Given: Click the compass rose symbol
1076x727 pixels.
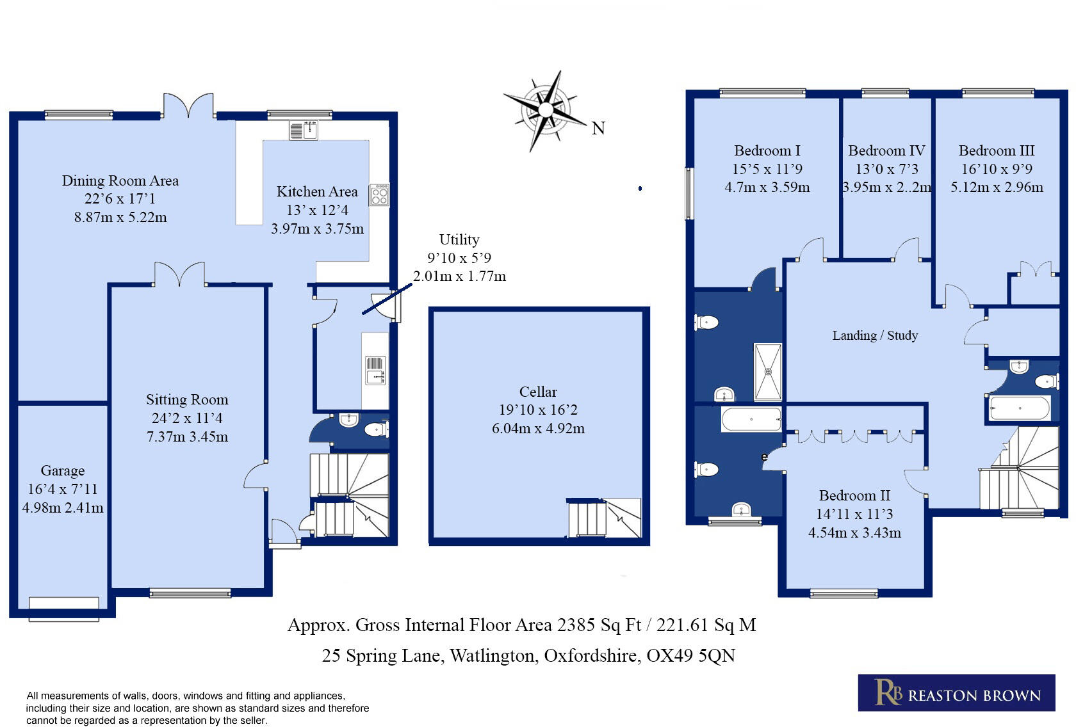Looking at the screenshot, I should pyautogui.click(x=545, y=110).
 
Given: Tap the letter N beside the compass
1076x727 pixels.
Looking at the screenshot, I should pyautogui.click(x=598, y=129).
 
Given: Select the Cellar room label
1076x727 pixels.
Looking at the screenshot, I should pyautogui.click(x=538, y=392).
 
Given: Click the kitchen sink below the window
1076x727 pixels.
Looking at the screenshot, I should pyautogui.click(x=304, y=131).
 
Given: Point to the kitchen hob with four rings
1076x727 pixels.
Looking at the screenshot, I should pyautogui.click(x=379, y=195).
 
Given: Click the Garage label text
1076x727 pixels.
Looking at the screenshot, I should pyautogui.click(x=63, y=471).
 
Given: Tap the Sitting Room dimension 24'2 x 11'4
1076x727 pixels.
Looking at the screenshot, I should pyautogui.click(x=187, y=418).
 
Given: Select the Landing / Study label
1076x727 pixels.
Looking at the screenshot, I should pyautogui.click(x=875, y=335).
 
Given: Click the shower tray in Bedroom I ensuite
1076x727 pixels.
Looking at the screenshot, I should pyautogui.click(x=768, y=372).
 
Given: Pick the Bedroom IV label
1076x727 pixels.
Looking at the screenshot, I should pyautogui.click(x=886, y=151).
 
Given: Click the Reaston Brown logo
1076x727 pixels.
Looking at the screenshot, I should pyautogui.click(x=956, y=692).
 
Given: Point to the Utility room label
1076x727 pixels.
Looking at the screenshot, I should pyautogui.click(x=459, y=239).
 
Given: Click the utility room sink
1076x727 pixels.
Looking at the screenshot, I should pyautogui.click(x=375, y=371).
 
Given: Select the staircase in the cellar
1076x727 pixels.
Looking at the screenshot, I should pyautogui.click(x=604, y=518).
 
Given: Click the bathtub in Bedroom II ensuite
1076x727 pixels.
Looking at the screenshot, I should pyautogui.click(x=751, y=420).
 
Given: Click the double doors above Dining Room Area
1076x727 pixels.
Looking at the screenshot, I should pyautogui.click(x=188, y=106).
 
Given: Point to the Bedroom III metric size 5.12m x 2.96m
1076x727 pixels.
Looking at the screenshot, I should pyautogui.click(x=997, y=188).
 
